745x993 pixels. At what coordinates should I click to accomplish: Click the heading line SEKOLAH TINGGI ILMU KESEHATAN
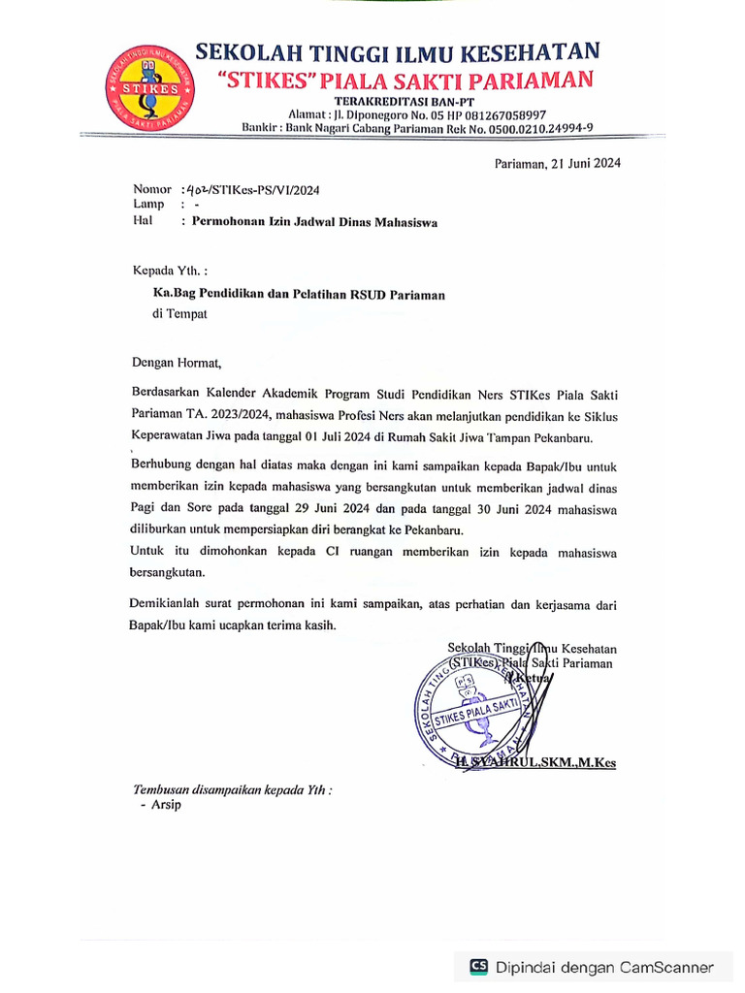397,52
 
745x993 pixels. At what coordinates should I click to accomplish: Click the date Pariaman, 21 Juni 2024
557,163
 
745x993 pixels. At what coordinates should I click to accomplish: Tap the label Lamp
148,205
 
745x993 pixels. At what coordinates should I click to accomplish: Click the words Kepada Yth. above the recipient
170,271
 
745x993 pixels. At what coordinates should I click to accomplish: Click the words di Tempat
179,313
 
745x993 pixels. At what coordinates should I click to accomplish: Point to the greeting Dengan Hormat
178,365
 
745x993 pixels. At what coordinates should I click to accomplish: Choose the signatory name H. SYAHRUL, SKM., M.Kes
535,763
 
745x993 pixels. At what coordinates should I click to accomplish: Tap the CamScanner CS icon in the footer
478,966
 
